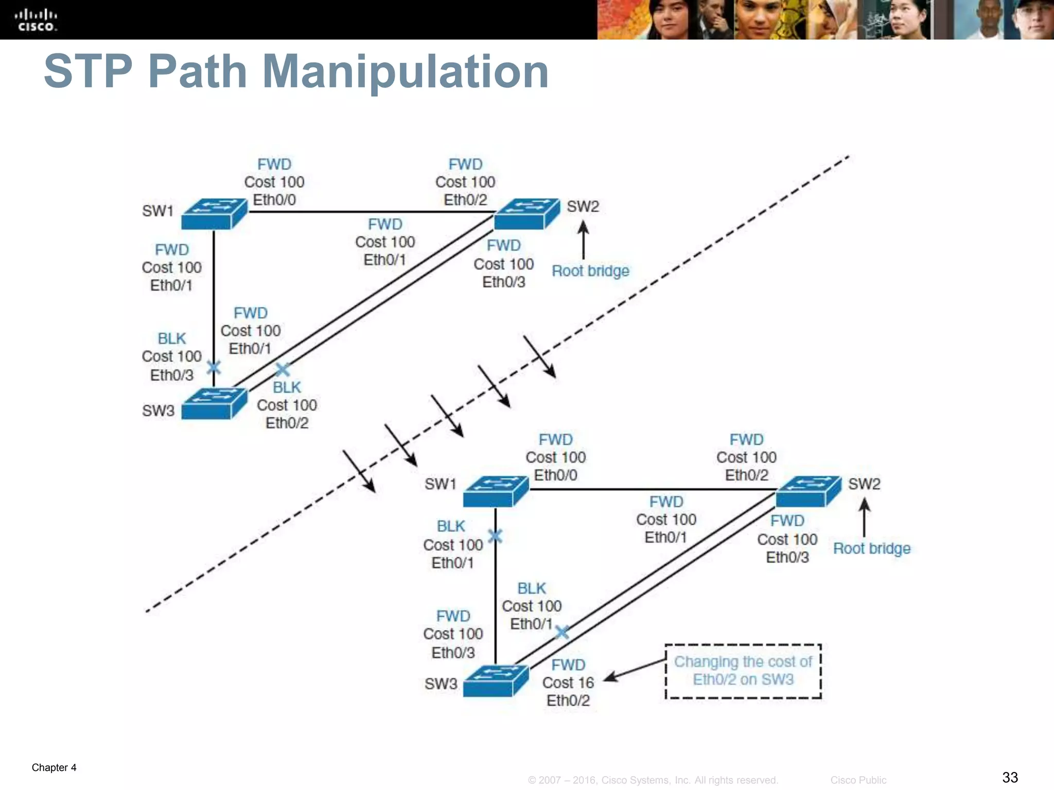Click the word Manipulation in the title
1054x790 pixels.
tap(405, 72)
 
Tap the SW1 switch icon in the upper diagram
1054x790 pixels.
tap(214, 214)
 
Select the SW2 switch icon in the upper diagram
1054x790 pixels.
tap(526, 214)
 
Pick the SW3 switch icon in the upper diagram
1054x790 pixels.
tap(214, 404)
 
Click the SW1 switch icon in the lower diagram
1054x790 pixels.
tap(495, 492)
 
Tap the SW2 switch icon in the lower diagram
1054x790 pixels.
tap(807, 492)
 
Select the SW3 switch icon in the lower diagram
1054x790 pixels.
tap(495, 681)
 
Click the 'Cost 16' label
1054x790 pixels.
tap(568, 683)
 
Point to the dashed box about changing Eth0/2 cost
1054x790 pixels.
tap(743, 671)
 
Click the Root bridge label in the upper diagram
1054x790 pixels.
tap(590, 271)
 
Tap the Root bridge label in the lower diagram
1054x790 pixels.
tap(871, 549)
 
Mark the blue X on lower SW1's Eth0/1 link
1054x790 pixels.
tap(495, 536)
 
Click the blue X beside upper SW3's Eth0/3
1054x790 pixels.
tap(214, 367)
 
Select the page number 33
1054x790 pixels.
tap(1010, 777)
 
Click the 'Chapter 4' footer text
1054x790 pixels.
tap(54, 768)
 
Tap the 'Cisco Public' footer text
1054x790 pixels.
tap(858, 780)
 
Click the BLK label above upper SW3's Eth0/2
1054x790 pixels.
tap(287, 387)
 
